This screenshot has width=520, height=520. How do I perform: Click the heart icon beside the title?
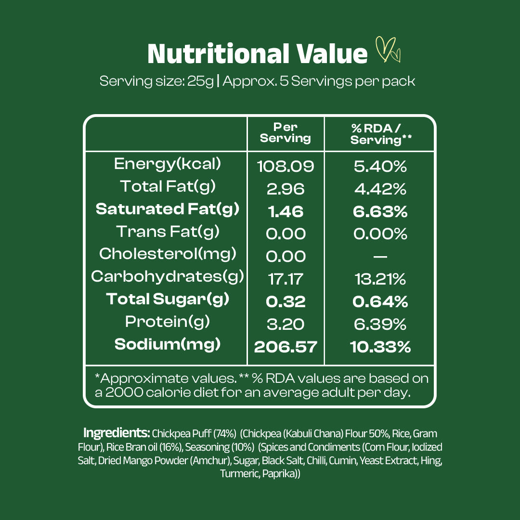[x=388, y=51]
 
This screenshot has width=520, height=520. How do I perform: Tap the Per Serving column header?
[x=286, y=133]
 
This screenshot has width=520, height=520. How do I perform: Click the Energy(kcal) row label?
[x=168, y=164]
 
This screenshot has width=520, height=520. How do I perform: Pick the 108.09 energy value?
[x=286, y=167]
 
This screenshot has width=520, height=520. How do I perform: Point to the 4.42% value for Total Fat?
[x=380, y=189]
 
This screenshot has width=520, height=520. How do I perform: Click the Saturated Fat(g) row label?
[x=168, y=209]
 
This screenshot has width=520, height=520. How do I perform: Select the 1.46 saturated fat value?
[x=286, y=211]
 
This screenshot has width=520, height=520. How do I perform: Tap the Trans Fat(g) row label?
[x=168, y=232]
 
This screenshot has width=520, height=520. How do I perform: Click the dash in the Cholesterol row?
[x=380, y=256]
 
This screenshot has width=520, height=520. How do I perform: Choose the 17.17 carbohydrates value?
[x=286, y=279]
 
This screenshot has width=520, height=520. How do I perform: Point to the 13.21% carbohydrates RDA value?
[x=380, y=279]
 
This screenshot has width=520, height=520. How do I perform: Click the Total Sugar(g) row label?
[x=168, y=299]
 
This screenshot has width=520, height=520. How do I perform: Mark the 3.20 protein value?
[x=286, y=324]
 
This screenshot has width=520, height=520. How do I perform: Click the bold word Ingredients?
[x=117, y=432]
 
